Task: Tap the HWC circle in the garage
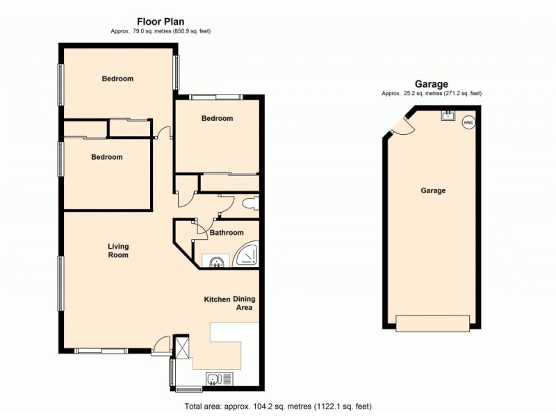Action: (x=468, y=122)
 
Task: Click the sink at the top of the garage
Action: (x=448, y=115)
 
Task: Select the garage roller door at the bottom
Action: (x=432, y=322)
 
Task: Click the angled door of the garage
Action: (x=401, y=126)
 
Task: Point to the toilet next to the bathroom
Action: (x=250, y=204)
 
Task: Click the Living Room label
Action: (x=118, y=250)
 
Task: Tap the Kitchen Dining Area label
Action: (x=228, y=303)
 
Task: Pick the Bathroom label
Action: (x=227, y=233)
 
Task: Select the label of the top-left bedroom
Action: (x=117, y=79)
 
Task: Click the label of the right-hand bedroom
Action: (x=217, y=118)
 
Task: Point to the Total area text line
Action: (x=281, y=406)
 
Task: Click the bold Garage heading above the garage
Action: (x=432, y=83)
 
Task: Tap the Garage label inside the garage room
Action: (x=433, y=190)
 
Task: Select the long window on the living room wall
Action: (x=61, y=284)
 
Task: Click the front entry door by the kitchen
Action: (x=161, y=342)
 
